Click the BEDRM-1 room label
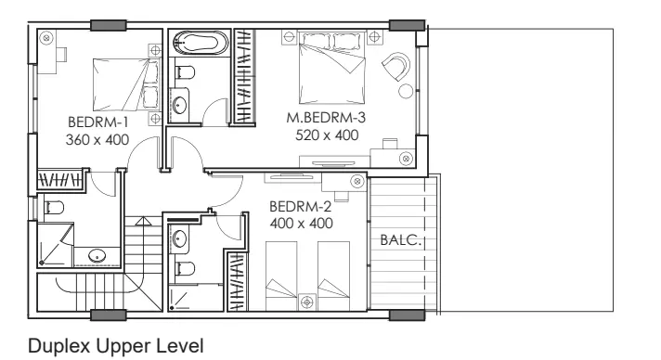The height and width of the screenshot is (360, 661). click(x=97, y=122)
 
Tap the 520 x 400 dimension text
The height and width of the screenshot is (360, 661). click(x=327, y=135)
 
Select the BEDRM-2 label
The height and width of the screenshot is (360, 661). click(x=300, y=207)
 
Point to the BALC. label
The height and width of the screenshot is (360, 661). click(x=400, y=240)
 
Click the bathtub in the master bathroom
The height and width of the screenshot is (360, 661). click(x=201, y=43)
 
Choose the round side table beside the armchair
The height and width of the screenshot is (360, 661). click(x=406, y=91)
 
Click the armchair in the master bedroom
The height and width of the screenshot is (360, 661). click(x=396, y=65)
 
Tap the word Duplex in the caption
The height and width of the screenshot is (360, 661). click(x=59, y=346)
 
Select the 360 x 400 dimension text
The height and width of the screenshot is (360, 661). click(x=97, y=140)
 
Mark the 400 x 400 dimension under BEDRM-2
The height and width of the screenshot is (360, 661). click(x=302, y=224)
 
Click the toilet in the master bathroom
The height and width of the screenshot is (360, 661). click(x=184, y=72)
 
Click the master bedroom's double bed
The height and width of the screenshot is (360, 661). click(x=331, y=68)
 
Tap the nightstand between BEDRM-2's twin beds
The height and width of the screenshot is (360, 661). click(x=307, y=302)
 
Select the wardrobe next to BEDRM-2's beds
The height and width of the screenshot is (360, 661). click(x=236, y=281)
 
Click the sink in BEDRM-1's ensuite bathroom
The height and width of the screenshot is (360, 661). click(x=97, y=255)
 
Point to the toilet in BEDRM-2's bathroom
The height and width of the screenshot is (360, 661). click(x=185, y=268)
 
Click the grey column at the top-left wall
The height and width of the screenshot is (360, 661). click(x=109, y=25)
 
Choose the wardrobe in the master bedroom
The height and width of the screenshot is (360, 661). click(x=244, y=76)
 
